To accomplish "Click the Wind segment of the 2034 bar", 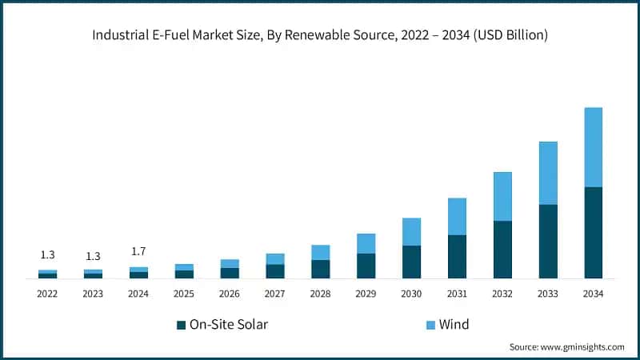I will click(x=593, y=147).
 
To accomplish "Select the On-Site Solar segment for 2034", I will click(x=593, y=232).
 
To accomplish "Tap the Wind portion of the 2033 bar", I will click(x=548, y=173).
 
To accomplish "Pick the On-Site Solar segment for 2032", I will click(x=502, y=249).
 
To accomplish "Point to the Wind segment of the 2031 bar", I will click(x=457, y=216).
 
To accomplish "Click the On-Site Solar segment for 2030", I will click(x=411, y=262).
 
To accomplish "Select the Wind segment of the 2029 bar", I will click(x=366, y=243).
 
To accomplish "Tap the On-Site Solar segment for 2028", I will click(x=320, y=269).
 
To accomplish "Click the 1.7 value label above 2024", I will click(x=138, y=251).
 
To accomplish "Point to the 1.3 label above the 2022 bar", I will click(x=47, y=255).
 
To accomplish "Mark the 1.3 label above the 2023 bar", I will click(x=93, y=256).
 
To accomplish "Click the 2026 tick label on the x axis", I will click(x=230, y=294).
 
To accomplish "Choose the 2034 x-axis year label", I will click(x=593, y=294).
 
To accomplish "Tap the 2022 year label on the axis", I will click(x=47, y=294).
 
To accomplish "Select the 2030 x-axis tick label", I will click(x=411, y=294).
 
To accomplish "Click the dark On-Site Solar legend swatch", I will click(x=181, y=325).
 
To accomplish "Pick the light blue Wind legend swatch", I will click(x=430, y=325).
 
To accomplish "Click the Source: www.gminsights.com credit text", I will click(x=566, y=347).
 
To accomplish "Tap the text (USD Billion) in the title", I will click(x=509, y=34).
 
